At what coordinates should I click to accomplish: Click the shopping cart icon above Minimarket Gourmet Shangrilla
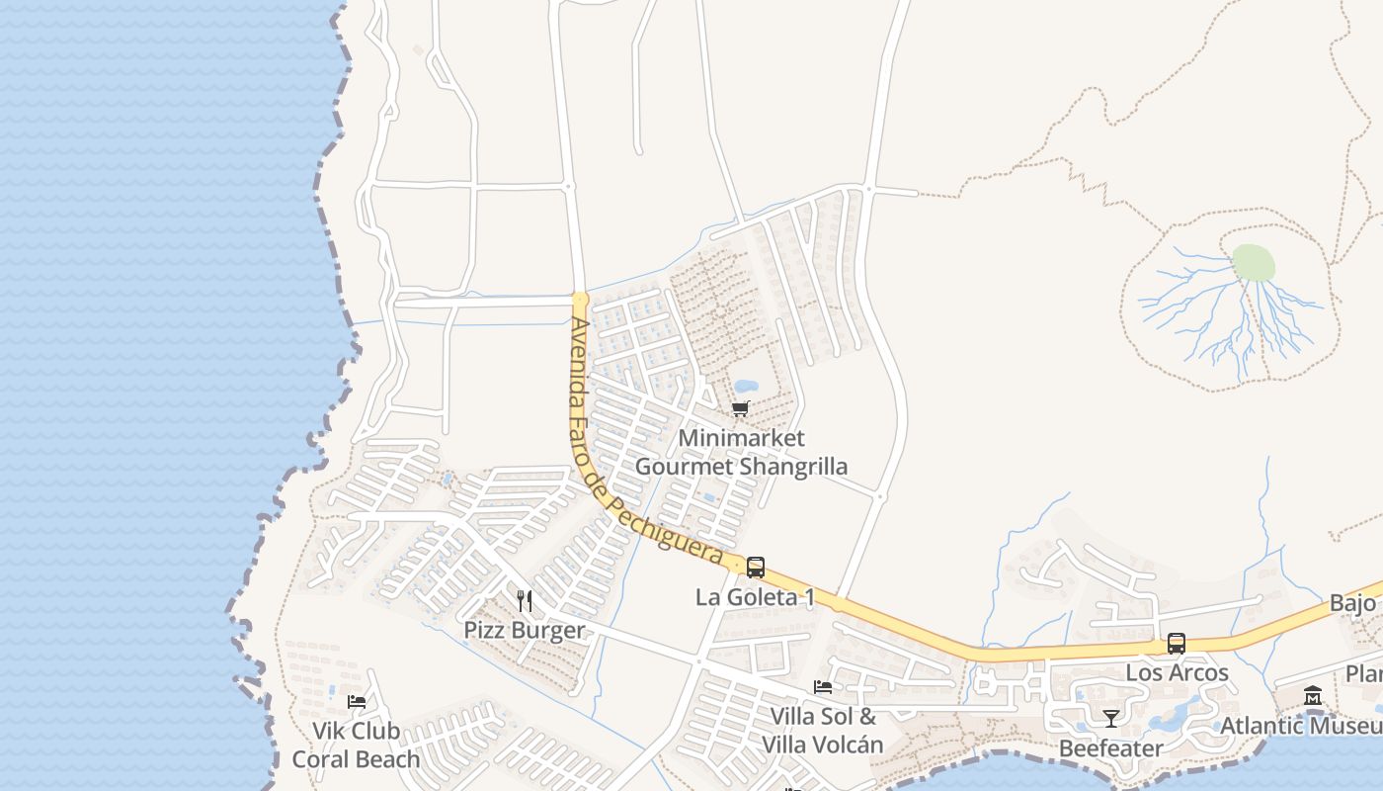[x=740, y=408]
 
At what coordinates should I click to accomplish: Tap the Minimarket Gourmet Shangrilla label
[x=741, y=452]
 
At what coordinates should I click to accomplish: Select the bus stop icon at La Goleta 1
[x=756, y=568]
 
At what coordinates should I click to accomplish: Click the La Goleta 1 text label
[x=755, y=597]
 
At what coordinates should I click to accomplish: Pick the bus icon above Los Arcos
[x=1176, y=643]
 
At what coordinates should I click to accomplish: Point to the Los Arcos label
[x=1177, y=673]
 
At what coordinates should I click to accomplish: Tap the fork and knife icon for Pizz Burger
[x=525, y=600]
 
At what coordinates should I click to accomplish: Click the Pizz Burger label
[x=525, y=630]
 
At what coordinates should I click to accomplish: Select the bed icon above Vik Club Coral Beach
[x=357, y=702]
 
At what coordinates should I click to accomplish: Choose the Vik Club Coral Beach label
[x=356, y=746]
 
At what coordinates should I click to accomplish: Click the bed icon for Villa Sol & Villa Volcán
[x=822, y=687]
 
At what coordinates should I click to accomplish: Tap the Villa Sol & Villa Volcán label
[x=822, y=731]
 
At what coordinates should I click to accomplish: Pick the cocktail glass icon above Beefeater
[x=1111, y=719]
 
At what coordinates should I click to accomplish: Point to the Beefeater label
[x=1111, y=748]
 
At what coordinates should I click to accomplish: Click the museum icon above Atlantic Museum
[x=1313, y=696]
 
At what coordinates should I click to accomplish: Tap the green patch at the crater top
[x=1253, y=263]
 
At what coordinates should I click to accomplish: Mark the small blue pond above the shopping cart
[x=746, y=386]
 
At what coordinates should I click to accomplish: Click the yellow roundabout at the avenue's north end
[x=580, y=299]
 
